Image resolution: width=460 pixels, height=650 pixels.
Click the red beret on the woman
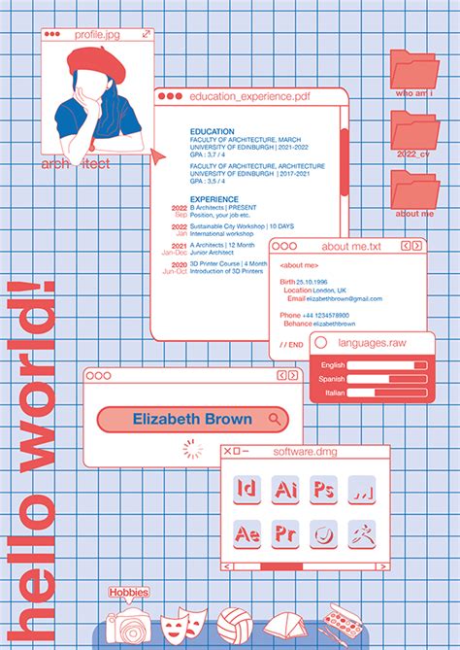point(94,64)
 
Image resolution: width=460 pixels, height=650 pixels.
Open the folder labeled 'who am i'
point(414,70)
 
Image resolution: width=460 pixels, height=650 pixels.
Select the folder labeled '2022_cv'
point(414,129)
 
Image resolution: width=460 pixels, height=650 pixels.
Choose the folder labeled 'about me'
point(414,189)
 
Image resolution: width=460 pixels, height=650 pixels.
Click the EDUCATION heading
point(212,131)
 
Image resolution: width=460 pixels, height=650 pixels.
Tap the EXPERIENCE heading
point(214,199)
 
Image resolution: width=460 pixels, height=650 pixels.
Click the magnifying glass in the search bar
point(276,420)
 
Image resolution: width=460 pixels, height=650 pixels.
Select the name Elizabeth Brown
point(192,420)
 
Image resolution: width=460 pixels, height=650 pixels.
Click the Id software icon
point(247,490)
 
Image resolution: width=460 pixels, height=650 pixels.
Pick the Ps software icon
point(323,490)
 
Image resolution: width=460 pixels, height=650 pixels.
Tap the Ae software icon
point(247,533)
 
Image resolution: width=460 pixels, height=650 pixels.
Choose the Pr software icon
point(285,533)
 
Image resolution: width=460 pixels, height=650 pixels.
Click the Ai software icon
point(285,490)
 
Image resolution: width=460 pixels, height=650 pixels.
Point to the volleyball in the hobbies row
point(234,623)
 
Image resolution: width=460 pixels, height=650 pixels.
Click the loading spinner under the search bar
point(193,449)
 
